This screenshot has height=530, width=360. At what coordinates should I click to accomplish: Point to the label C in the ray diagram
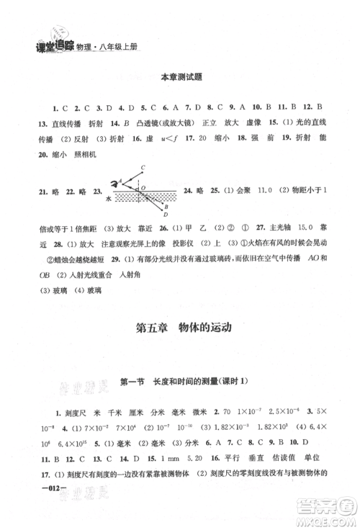pos(143,167)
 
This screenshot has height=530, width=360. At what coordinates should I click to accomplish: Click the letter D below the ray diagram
pos(166,214)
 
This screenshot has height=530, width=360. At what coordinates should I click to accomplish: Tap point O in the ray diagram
pos(143,189)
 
